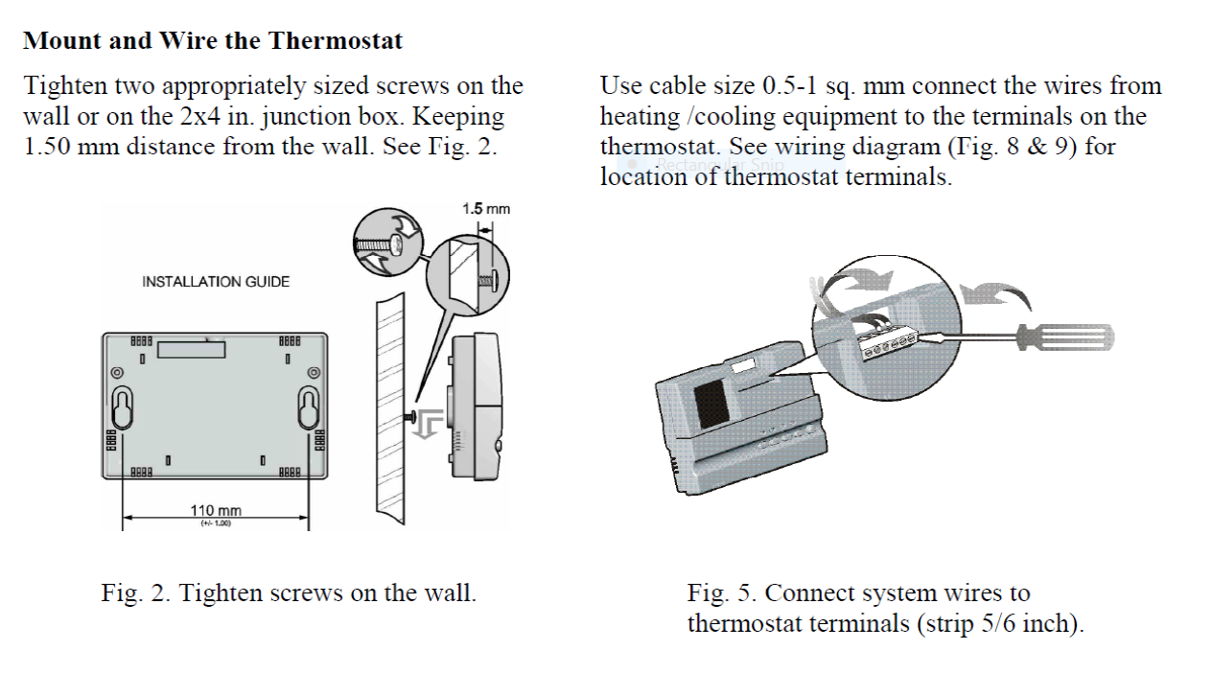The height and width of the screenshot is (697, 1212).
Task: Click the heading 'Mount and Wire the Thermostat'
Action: click(x=213, y=41)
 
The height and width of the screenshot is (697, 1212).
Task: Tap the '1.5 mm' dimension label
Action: click(x=486, y=209)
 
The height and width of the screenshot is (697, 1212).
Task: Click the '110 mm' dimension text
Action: click(x=216, y=511)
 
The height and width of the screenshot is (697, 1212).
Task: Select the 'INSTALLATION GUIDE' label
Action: click(x=216, y=282)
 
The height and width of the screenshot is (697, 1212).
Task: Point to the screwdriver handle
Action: click(x=1064, y=337)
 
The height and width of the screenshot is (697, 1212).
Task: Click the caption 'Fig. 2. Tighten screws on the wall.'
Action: click(x=289, y=592)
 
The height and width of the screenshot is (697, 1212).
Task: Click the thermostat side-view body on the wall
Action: click(x=475, y=403)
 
